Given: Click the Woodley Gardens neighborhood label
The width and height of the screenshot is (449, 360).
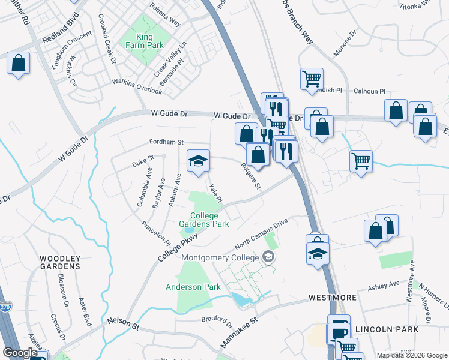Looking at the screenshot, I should (x=60, y=262).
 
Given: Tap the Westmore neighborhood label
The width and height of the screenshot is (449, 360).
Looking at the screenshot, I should (x=333, y=298).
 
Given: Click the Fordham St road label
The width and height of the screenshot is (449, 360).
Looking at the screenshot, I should (x=166, y=142).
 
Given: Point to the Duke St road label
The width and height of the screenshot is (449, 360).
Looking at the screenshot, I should (x=143, y=160).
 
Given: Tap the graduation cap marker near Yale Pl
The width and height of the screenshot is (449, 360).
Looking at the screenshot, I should (x=198, y=161).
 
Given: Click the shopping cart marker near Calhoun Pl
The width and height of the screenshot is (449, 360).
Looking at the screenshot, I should (x=312, y=79).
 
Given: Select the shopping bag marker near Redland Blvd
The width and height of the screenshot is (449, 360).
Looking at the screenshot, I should (x=18, y=63).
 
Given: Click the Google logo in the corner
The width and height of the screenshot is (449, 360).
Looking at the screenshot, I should (x=20, y=353).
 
